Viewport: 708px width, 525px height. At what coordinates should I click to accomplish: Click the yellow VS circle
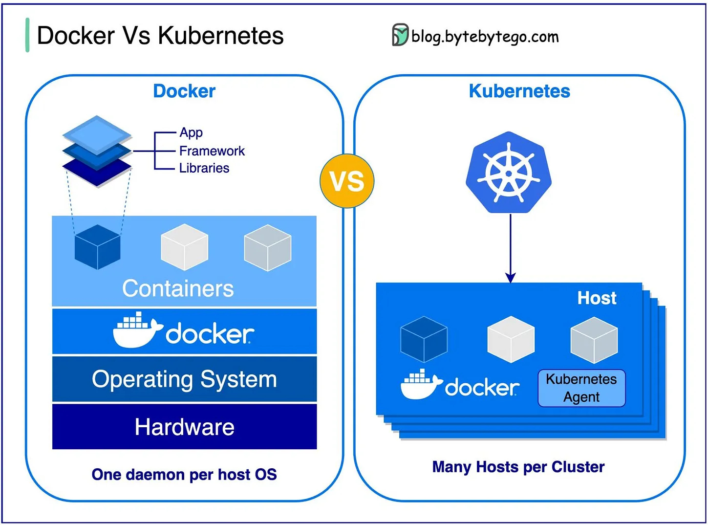[x=347, y=181]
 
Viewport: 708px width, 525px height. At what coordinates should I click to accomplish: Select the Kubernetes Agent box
[x=581, y=388]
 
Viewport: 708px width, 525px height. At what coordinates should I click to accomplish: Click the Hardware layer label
[x=184, y=427]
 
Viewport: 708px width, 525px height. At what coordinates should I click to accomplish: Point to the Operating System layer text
[x=184, y=379]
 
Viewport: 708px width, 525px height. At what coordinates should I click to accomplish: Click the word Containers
[x=178, y=288]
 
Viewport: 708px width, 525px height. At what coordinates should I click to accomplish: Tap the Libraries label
[x=204, y=168]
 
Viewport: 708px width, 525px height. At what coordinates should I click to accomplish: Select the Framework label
[x=212, y=151]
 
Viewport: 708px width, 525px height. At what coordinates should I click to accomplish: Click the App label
[x=191, y=132]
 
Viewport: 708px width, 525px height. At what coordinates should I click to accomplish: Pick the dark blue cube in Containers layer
[x=97, y=247]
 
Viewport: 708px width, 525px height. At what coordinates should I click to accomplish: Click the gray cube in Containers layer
[x=267, y=247]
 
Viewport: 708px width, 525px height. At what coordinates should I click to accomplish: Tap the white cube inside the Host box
[x=511, y=339]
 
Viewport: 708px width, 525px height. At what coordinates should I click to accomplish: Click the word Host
[x=597, y=298]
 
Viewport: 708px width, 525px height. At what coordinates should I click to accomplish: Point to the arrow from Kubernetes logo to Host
[x=511, y=249]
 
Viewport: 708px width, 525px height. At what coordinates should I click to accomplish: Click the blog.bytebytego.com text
[x=485, y=37]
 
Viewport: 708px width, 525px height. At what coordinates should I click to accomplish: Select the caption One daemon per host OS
[x=184, y=475]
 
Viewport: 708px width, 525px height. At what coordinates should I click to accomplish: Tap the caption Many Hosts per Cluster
[x=518, y=467]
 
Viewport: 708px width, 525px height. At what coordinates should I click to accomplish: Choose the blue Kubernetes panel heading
[x=519, y=91]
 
